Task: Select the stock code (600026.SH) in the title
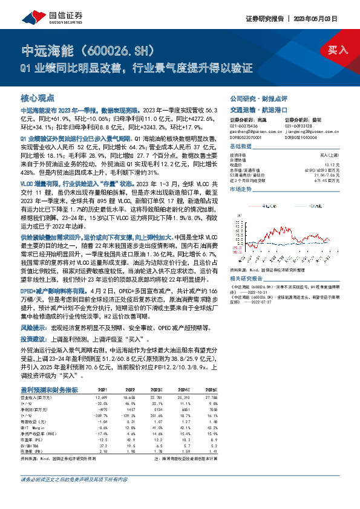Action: tap(111, 48)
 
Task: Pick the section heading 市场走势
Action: tap(244, 189)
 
